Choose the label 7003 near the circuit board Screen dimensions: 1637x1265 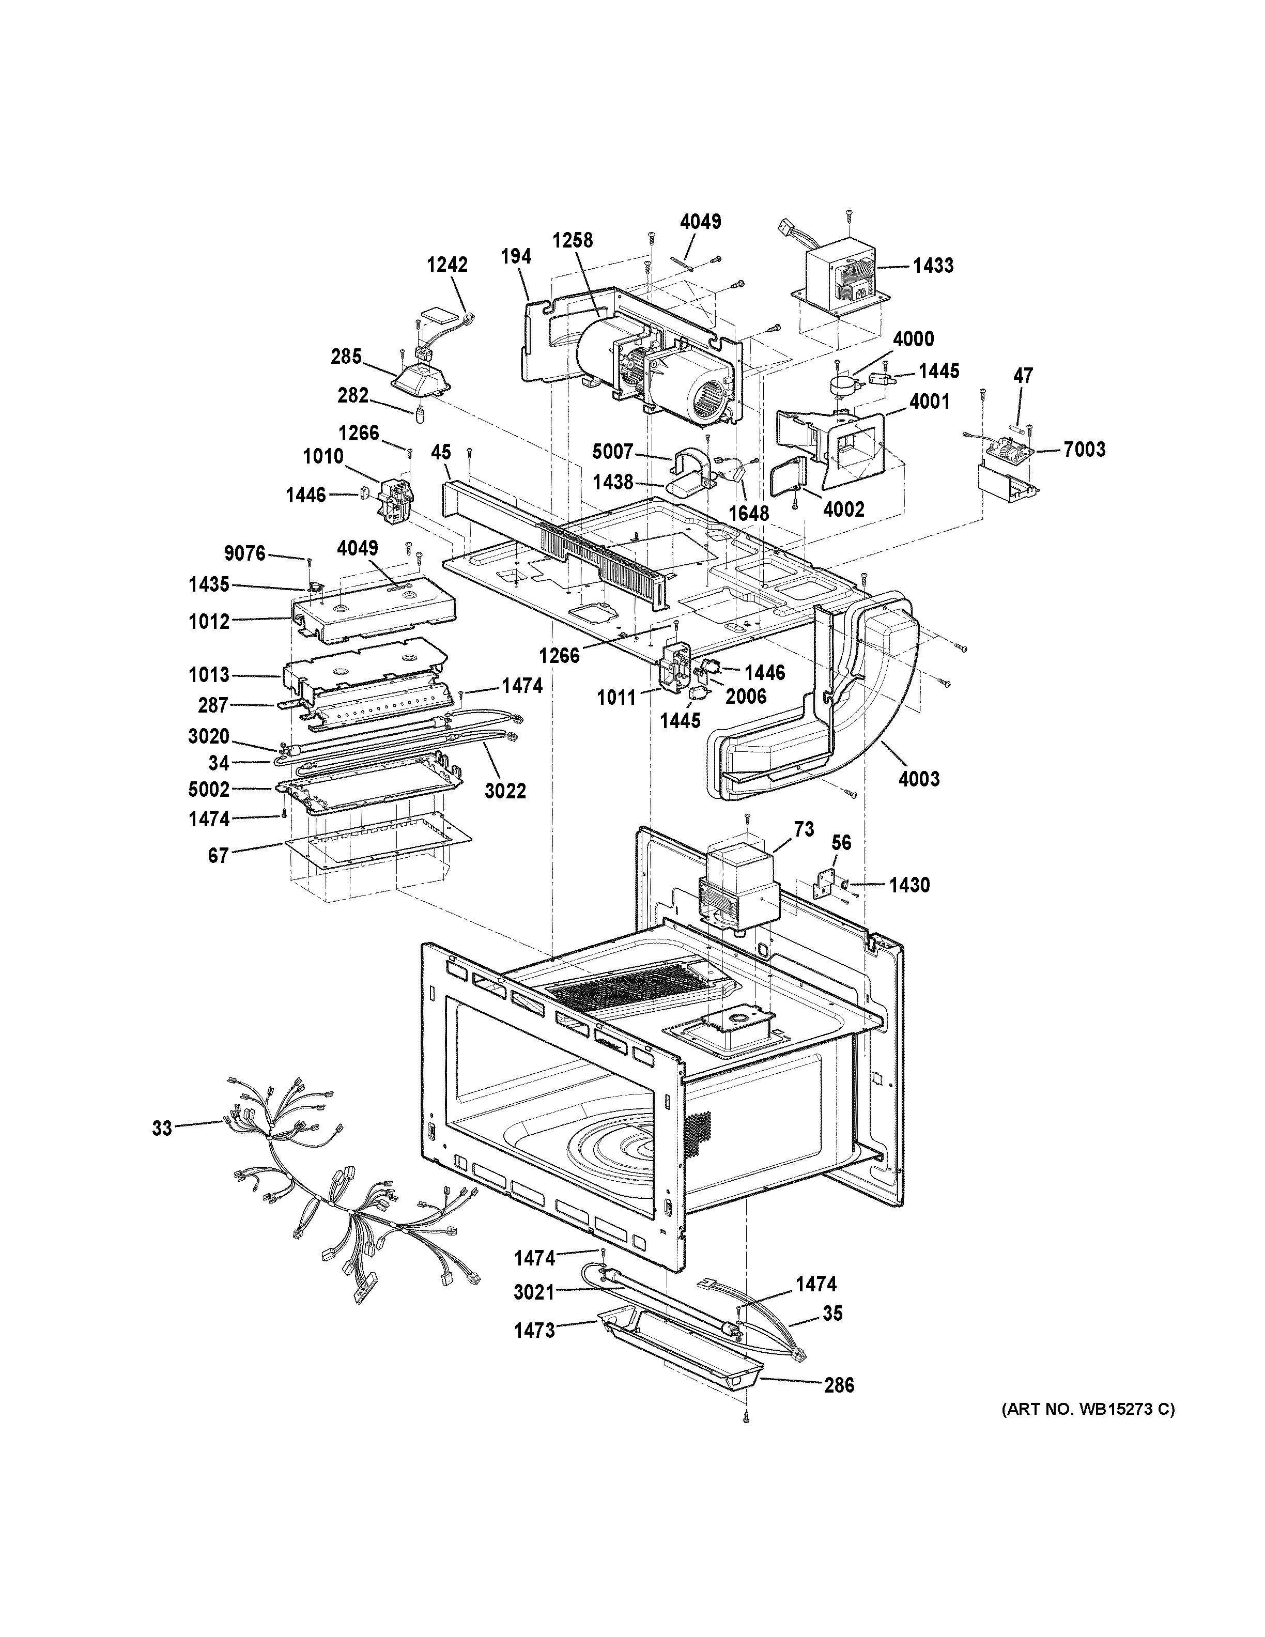(x=1084, y=449)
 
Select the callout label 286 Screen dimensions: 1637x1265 (x=839, y=1385)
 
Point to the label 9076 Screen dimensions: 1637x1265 (x=245, y=553)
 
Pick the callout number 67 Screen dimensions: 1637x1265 (x=218, y=855)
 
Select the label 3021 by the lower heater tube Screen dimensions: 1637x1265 (x=534, y=1292)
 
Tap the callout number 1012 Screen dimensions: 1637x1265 (x=209, y=622)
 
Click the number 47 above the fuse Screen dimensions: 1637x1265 (x=1023, y=376)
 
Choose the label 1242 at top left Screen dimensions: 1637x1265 (x=448, y=265)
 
